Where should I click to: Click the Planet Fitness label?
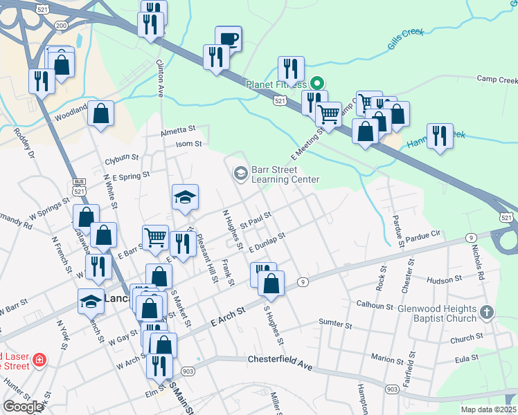(276, 84)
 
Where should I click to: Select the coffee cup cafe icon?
(228, 39)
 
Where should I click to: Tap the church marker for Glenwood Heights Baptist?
(488, 313)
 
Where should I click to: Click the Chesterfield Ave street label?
(280, 360)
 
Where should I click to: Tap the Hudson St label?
(444, 280)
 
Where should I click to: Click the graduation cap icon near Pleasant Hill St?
(185, 198)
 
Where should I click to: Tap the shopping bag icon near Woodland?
(100, 115)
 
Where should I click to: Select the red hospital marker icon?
(39, 360)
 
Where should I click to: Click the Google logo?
(23, 407)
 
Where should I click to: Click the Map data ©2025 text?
(488, 409)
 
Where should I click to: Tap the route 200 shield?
(62, 26)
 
